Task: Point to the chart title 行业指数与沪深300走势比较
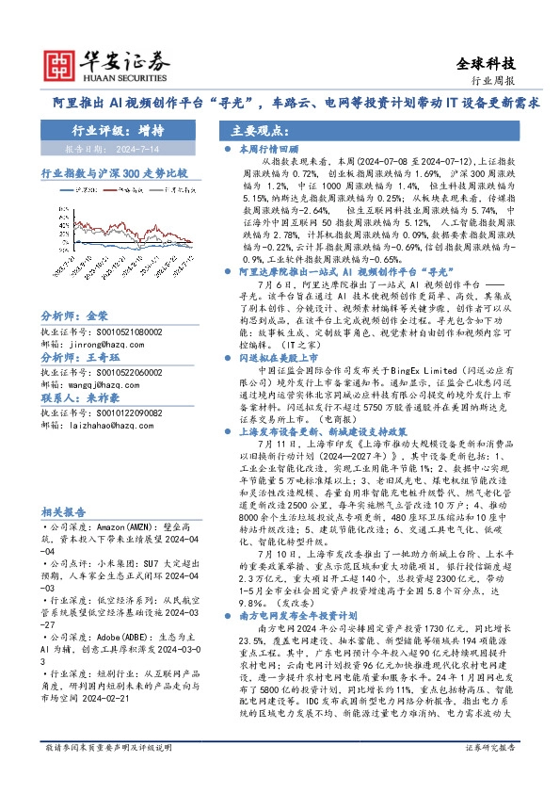click(x=114, y=174)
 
